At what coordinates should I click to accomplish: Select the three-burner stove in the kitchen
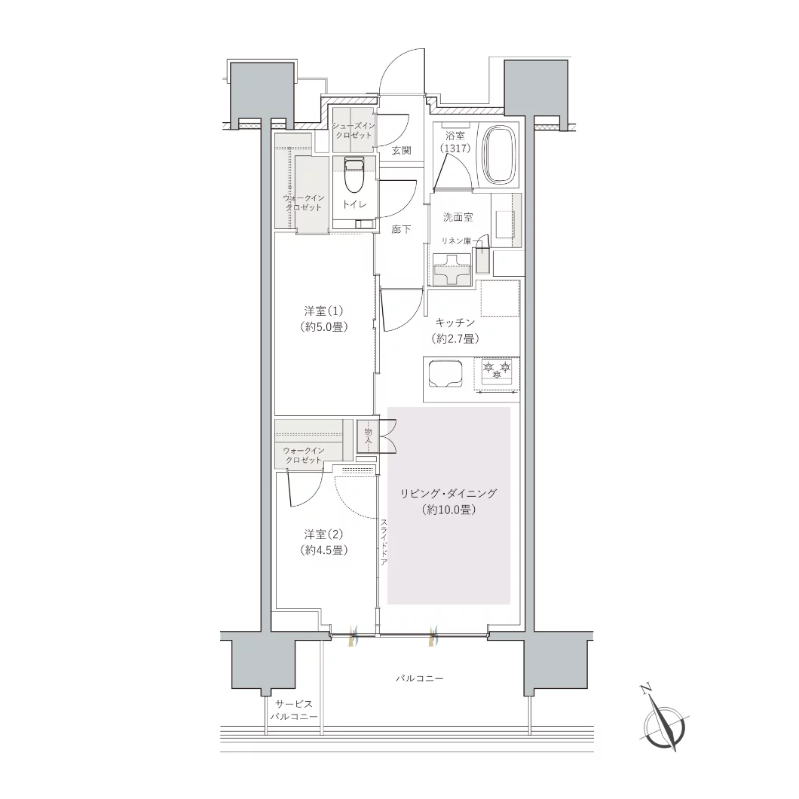coord(497,371)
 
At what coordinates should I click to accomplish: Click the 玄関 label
coord(402,150)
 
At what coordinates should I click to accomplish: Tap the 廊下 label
coord(402,229)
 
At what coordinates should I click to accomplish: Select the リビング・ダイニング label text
coord(448,493)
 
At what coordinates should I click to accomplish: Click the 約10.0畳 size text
coord(448,509)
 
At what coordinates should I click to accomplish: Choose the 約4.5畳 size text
coord(323,550)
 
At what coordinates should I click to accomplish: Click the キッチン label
coord(455,323)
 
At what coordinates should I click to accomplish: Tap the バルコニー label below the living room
coord(420,678)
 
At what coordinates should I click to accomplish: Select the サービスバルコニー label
coord(293,710)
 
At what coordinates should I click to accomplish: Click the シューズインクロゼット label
coord(354,130)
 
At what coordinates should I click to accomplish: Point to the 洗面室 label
coord(458,217)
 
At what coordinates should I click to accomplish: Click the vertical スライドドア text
coord(383,542)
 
